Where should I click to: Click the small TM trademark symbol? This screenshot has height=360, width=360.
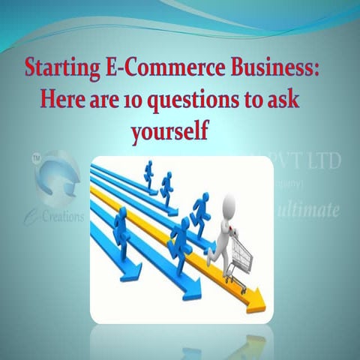pos(36,160)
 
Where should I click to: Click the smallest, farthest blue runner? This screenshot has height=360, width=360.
pos(148,175)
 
